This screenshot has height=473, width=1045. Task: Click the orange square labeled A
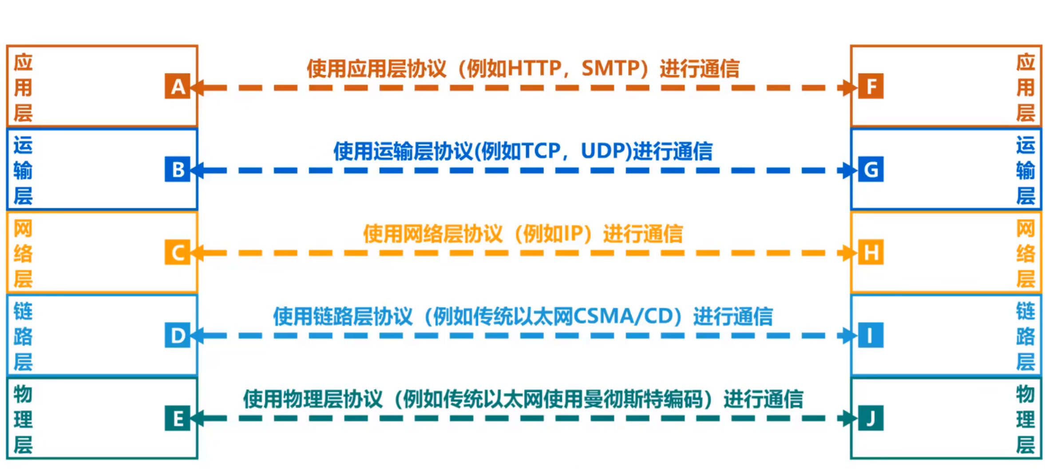178,86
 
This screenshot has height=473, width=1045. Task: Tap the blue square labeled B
178,169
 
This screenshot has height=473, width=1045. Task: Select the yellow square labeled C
178,252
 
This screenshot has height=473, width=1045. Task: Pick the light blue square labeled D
178,335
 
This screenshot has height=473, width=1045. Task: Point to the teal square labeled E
178,418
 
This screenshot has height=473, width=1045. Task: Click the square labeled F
871,86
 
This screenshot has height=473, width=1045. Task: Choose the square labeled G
871,169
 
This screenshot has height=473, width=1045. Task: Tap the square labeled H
871,252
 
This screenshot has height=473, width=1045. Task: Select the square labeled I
871,335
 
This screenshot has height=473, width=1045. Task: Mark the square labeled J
871,418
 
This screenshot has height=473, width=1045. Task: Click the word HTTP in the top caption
534,68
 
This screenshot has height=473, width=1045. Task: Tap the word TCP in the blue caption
541,151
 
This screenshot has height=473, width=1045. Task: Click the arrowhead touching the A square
197,87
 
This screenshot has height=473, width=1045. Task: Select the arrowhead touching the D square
197,336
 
